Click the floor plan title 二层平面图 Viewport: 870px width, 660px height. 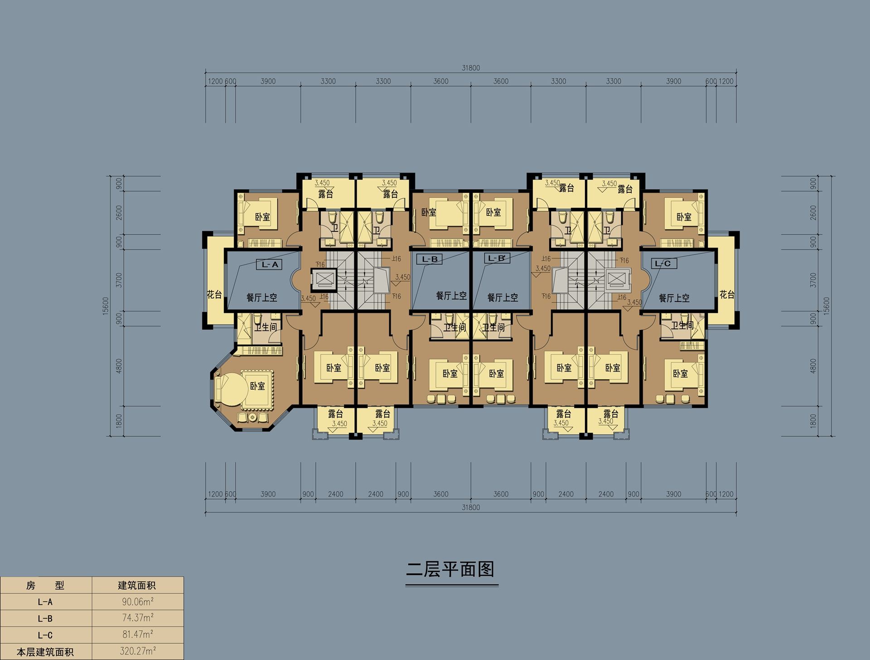point(450,569)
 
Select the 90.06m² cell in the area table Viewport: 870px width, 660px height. point(138,602)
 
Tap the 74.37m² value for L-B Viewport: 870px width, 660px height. point(138,618)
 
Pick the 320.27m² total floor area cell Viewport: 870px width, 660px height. point(138,651)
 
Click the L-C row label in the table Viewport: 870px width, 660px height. point(45,635)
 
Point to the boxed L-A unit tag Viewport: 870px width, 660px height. point(270,264)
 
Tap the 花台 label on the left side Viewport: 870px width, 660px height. point(214,294)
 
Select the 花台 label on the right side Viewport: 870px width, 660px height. point(727,295)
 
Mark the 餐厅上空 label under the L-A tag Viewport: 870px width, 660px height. point(261,297)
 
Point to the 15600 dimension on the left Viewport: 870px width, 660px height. point(106,306)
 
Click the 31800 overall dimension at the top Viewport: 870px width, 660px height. point(471,68)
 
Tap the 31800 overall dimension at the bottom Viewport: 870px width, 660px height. point(471,507)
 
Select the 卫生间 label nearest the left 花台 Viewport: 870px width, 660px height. point(266,326)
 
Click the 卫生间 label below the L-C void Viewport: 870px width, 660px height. point(682,325)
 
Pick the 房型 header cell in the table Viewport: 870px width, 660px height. point(45,585)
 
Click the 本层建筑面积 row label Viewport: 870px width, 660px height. point(45,652)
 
